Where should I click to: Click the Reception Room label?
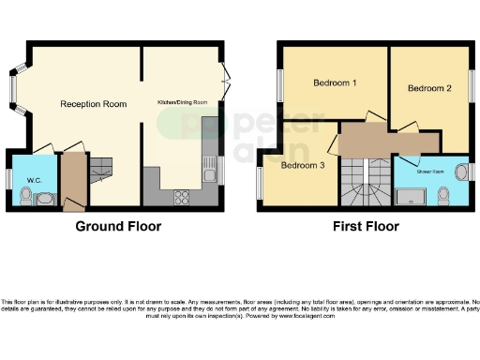(93, 103)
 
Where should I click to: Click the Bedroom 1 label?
(334, 83)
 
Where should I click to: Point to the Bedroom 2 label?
(429, 88)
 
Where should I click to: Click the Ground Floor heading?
(117, 226)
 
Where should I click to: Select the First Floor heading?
(367, 226)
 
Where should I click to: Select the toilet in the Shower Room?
(442, 195)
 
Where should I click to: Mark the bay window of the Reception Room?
(13, 87)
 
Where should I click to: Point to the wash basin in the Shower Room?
(460, 171)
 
